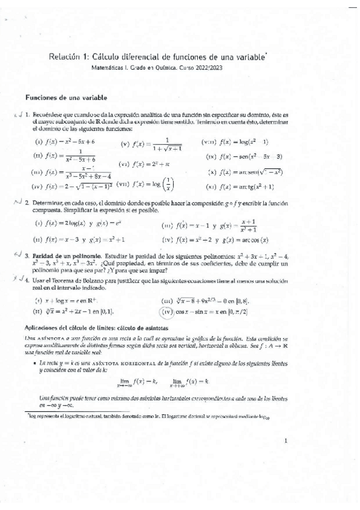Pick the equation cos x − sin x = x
(219, 312)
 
